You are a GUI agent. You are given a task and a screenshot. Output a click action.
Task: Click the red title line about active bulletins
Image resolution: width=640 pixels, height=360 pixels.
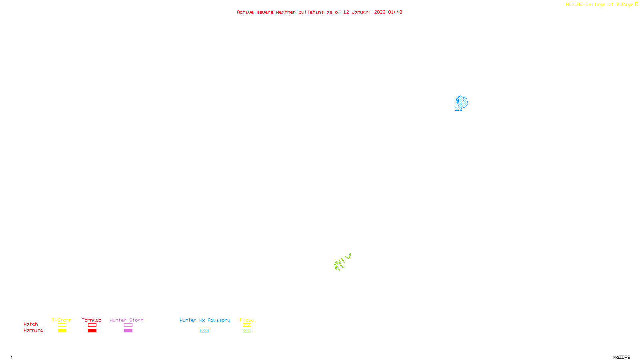[319, 12]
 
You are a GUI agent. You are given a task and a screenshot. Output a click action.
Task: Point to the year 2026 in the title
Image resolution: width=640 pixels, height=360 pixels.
[380, 12]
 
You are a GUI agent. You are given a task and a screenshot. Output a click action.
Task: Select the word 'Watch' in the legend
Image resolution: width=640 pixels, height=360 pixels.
[31, 324]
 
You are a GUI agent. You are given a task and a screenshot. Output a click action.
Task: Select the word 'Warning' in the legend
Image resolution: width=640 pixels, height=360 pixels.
[33, 330]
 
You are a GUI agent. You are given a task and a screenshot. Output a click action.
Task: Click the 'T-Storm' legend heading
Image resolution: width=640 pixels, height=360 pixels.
[62, 320]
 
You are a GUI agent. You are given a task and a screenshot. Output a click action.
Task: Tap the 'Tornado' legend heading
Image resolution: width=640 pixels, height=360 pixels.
[92, 320]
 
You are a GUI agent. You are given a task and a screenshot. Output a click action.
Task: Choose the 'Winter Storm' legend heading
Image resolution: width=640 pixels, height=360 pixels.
[126, 320]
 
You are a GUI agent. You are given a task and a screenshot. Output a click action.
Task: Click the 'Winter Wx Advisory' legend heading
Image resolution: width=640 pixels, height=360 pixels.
[205, 320]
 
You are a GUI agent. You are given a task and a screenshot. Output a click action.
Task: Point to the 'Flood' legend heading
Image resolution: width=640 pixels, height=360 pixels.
[247, 320]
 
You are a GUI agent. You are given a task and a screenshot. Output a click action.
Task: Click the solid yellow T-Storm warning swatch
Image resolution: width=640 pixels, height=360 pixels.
[62, 331]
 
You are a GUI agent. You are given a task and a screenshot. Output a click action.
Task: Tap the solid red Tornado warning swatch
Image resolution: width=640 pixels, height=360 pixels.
[92, 331]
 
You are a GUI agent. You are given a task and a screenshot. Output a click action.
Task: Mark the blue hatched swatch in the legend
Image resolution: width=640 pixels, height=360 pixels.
[204, 331]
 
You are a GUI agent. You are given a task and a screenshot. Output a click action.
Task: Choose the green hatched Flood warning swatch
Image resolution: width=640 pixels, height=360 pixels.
[247, 331]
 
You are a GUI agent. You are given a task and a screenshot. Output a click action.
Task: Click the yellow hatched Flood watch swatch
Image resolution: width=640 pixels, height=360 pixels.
[247, 325]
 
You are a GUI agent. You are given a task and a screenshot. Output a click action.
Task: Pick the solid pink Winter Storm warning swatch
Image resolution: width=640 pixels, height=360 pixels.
[128, 331]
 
